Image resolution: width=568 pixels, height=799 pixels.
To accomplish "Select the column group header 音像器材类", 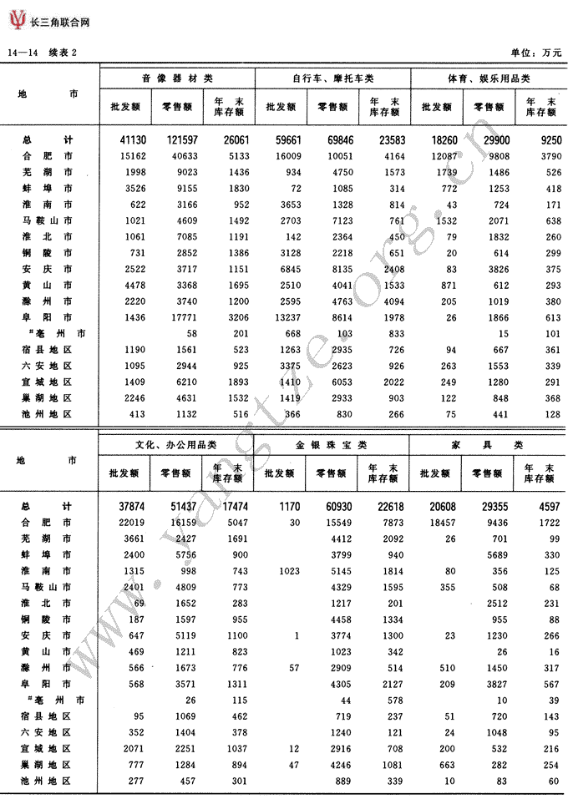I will tap(176, 78).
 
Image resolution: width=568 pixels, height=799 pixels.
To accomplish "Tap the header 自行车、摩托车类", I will tap(332, 78).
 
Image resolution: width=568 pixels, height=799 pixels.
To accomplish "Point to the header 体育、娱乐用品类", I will tap(489, 78).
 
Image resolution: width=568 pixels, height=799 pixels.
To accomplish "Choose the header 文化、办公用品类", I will tap(176, 445).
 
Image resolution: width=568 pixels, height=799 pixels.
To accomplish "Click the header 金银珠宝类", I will tap(332, 445).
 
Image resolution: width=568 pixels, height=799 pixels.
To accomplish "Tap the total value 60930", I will tap(334, 506).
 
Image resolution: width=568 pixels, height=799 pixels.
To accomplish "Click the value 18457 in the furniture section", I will tap(438, 522).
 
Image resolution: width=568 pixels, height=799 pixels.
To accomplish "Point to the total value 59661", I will tap(283, 139).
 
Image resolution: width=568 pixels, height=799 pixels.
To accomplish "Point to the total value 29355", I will tap(489, 506).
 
